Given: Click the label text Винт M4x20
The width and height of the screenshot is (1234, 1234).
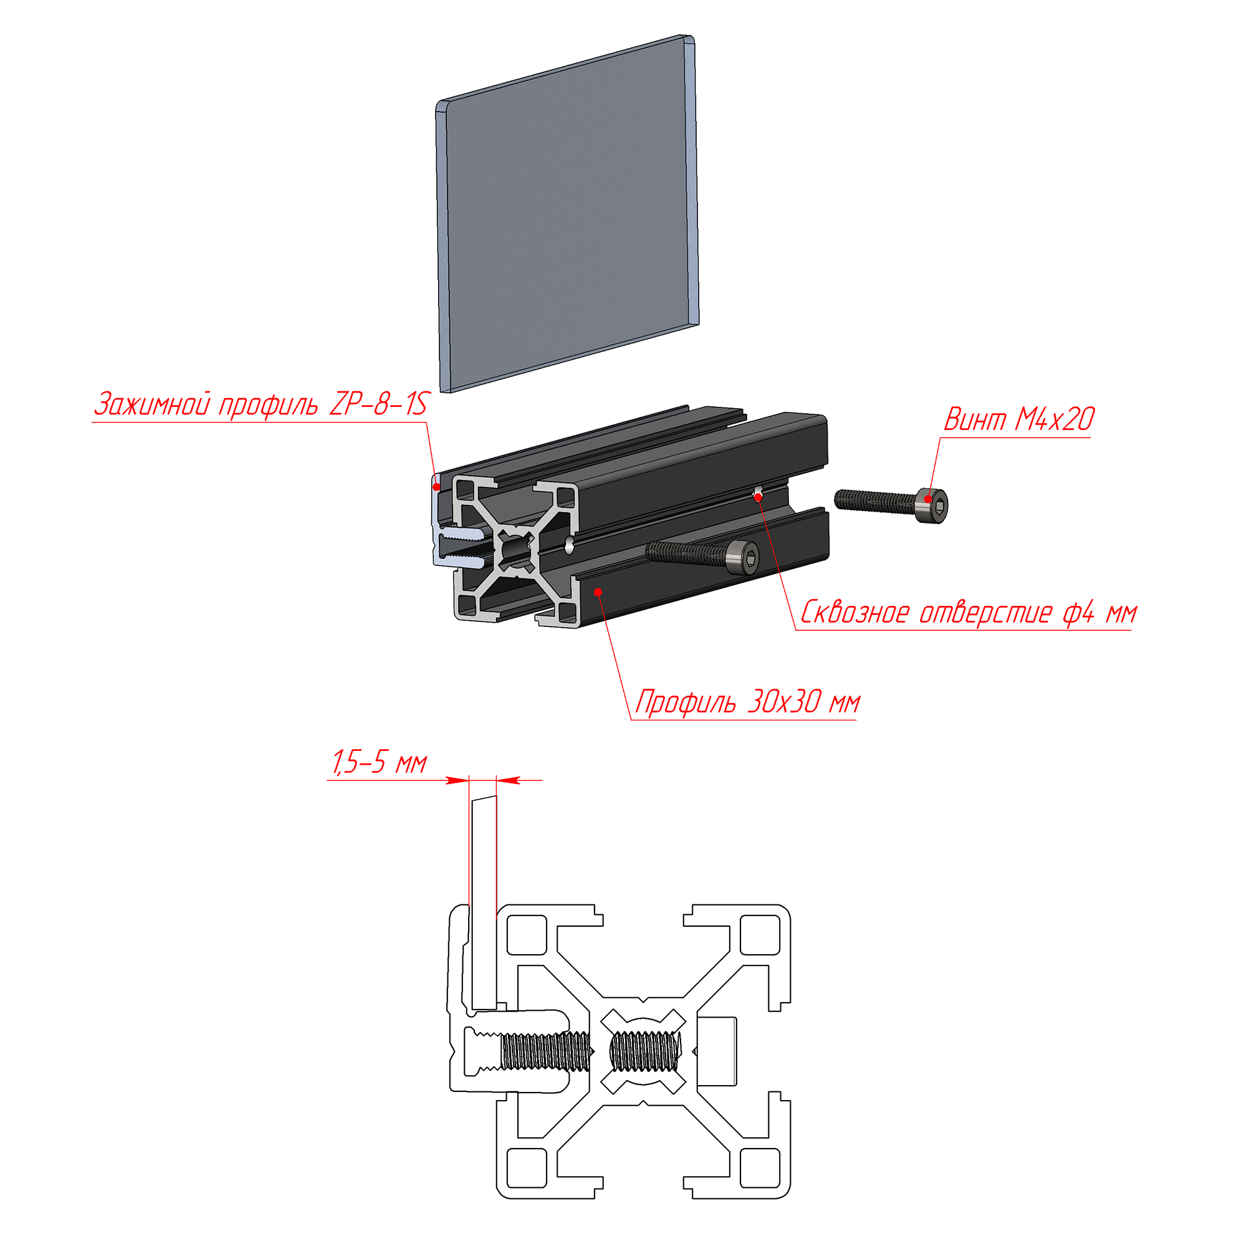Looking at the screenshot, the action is pyautogui.click(x=1019, y=419).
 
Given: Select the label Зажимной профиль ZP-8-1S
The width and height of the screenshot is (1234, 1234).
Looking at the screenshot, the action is pyautogui.click(x=261, y=404).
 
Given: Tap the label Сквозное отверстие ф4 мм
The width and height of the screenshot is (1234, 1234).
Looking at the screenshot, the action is pyautogui.click(x=969, y=612).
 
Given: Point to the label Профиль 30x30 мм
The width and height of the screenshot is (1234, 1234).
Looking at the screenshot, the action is pyautogui.click(x=747, y=702).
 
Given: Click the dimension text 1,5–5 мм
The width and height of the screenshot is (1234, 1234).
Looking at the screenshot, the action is pyautogui.click(x=379, y=763).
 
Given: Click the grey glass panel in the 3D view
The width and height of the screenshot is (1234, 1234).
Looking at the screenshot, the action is pyautogui.click(x=568, y=213).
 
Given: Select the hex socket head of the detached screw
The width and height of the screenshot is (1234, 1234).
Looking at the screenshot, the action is pyautogui.click(x=932, y=506).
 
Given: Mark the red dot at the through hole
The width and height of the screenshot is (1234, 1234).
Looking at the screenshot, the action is pyautogui.click(x=758, y=497).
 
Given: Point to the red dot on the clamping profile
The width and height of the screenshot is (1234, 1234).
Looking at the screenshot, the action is pyautogui.click(x=437, y=487).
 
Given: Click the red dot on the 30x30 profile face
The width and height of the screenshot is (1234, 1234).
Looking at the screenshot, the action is pyautogui.click(x=598, y=592).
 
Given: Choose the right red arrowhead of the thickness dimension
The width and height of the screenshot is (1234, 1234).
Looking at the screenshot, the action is pyautogui.click(x=509, y=780).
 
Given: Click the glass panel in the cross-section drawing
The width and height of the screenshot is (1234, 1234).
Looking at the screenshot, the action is pyautogui.click(x=484, y=902).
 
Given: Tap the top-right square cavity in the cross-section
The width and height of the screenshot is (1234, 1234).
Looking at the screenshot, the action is pyautogui.click(x=760, y=935).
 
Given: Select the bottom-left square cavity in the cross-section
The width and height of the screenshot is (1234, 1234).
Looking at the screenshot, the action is pyautogui.click(x=527, y=1168).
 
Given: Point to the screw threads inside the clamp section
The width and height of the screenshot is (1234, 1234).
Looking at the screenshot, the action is pyautogui.click(x=545, y=1051).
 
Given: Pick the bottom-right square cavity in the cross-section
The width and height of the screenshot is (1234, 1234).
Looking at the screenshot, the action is pyautogui.click(x=760, y=1168).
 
